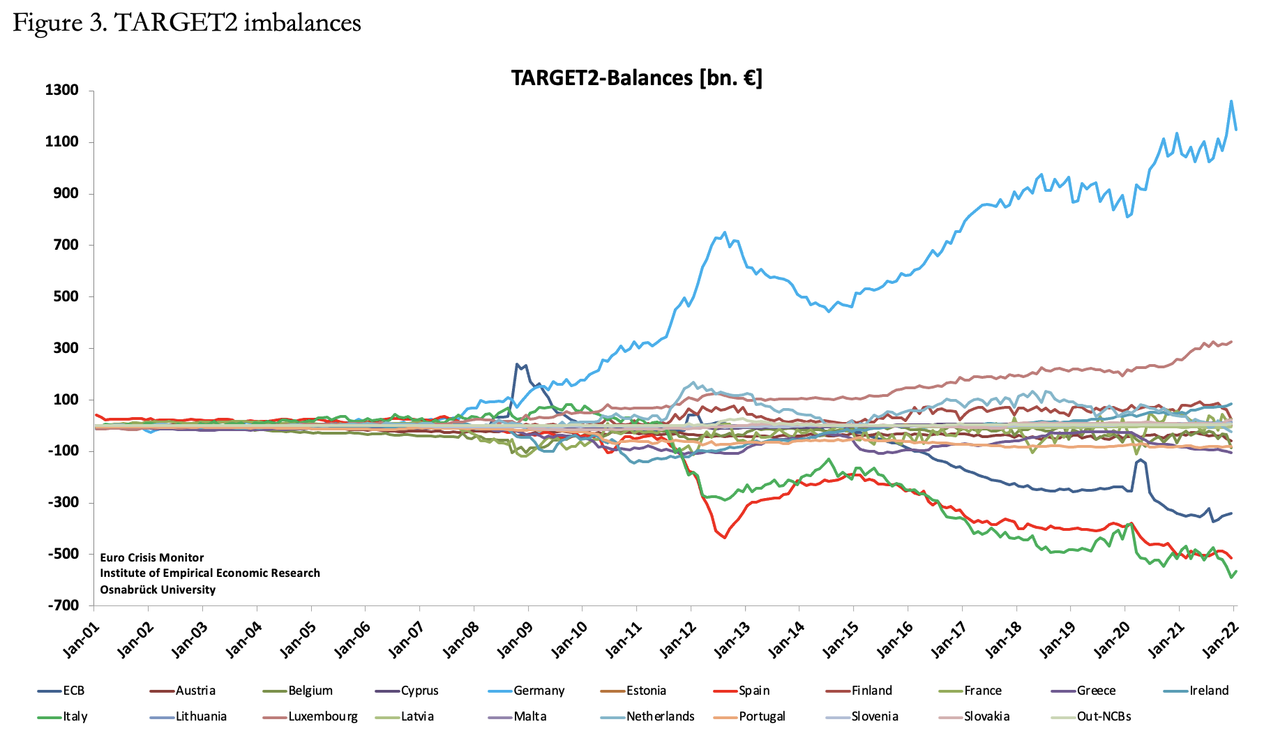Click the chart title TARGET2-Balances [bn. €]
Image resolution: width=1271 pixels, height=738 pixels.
click(x=636, y=77)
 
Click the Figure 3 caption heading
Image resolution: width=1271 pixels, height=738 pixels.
click(x=187, y=23)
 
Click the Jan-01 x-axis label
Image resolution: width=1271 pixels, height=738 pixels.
click(x=82, y=640)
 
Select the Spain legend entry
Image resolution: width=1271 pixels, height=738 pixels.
click(x=754, y=691)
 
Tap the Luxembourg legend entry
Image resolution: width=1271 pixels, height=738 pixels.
click(x=323, y=716)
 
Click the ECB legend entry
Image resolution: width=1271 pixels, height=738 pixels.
click(x=73, y=691)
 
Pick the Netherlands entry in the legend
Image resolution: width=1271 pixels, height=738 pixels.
click(x=660, y=716)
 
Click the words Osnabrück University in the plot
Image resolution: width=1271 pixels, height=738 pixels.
click(x=158, y=589)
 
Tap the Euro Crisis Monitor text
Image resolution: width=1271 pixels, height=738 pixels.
click(x=152, y=557)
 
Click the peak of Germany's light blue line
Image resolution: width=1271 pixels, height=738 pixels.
click(x=1231, y=101)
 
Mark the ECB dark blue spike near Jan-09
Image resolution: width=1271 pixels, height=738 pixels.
click(x=518, y=363)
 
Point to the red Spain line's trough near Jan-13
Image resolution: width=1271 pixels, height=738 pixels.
click(x=725, y=538)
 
